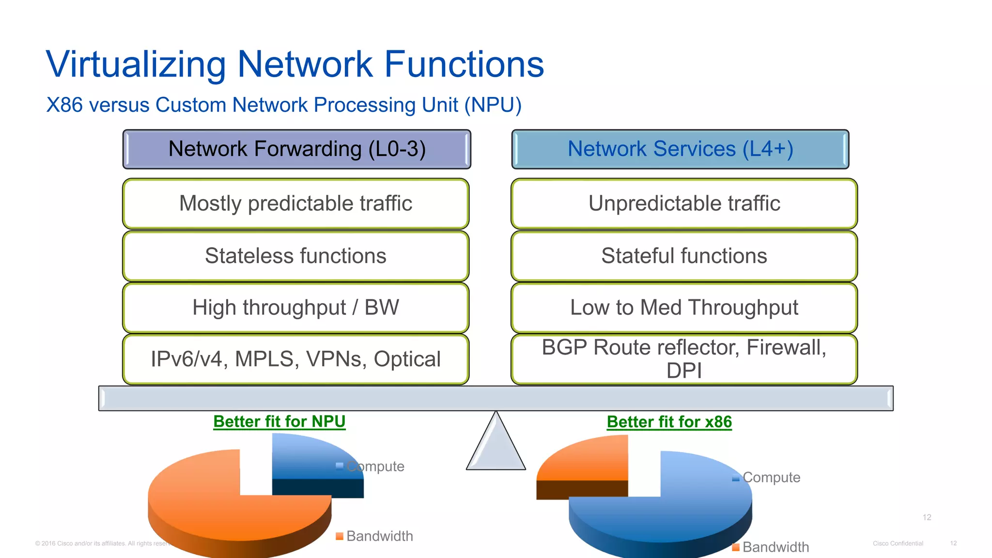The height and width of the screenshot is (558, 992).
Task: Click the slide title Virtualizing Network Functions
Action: (x=294, y=64)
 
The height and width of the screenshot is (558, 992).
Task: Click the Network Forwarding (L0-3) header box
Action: (x=296, y=149)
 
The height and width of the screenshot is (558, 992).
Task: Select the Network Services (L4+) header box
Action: (x=680, y=149)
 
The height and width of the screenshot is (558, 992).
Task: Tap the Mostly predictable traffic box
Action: (x=295, y=203)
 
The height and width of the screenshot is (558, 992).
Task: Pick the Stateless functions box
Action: (x=295, y=256)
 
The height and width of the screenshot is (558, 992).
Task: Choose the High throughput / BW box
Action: (x=295, y=308)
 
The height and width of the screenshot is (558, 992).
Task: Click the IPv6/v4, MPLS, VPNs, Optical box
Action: (x=295, y=359)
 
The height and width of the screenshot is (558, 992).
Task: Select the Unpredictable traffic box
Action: (x=684, y=203)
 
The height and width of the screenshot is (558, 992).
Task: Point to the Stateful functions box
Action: (x=684, y=256)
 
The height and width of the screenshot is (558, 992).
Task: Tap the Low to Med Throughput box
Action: (x=684, y=308)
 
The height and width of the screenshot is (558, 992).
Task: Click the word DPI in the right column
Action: (x=683, y=371)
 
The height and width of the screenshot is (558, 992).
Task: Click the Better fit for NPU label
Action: (x=279, y=421)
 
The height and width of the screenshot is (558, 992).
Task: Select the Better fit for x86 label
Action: (x=669, y=422)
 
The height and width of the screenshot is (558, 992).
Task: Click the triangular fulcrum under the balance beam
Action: (x=496, y=448)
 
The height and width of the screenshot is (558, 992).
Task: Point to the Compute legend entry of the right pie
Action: (x=770, y=478)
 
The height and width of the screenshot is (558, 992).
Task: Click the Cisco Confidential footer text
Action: (x=898, y=543)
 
